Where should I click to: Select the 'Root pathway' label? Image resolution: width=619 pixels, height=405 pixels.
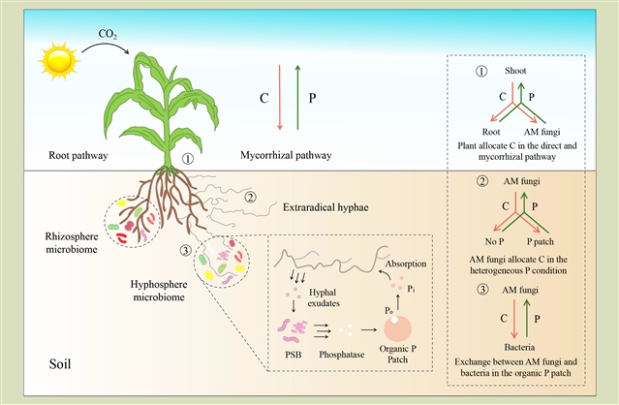point(81,155)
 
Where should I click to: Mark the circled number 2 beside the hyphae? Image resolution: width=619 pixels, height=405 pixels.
point(250,198)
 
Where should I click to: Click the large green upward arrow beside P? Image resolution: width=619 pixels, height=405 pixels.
point(296,95)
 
